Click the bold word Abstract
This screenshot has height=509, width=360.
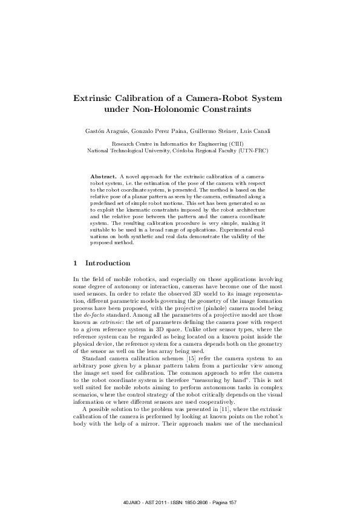click(103, 174)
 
